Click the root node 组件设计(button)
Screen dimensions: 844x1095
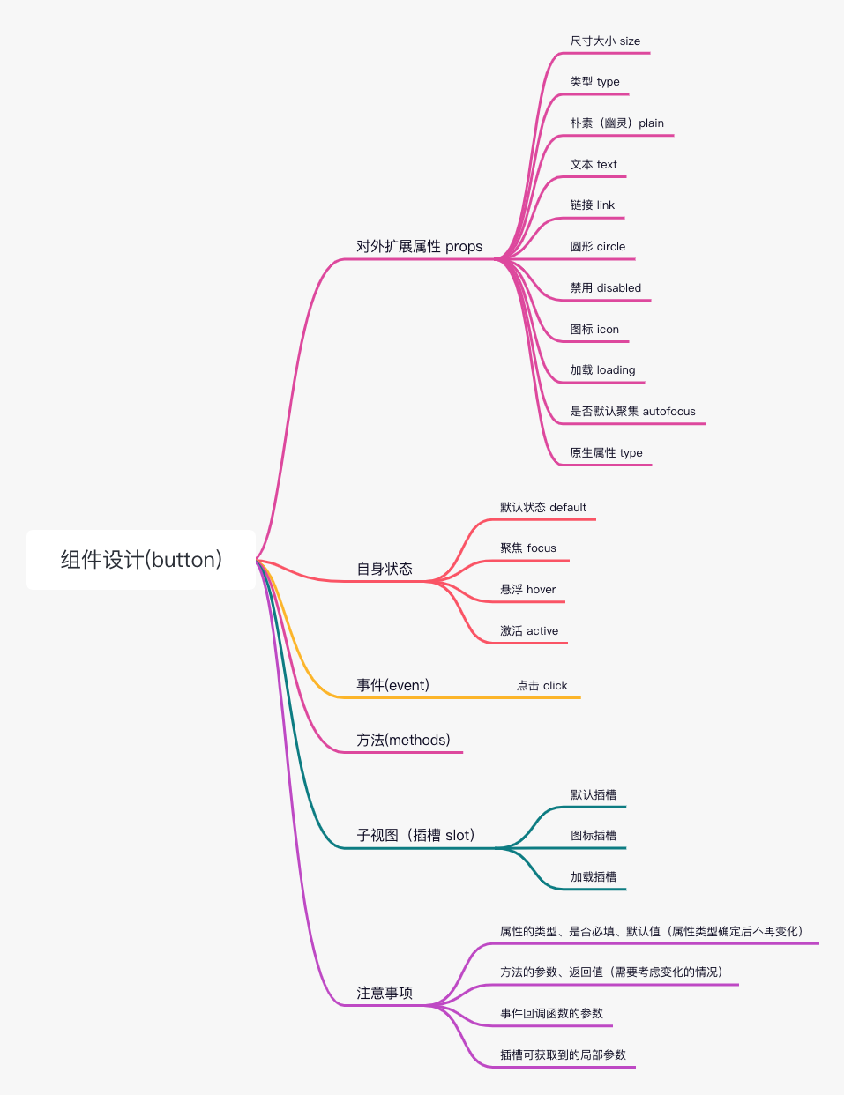(x=141, y=559)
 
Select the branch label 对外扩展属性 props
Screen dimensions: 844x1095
(x=419, y=246)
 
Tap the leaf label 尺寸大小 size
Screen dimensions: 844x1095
(x=605, y=41)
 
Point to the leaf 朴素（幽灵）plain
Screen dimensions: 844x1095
(x=616, y=123)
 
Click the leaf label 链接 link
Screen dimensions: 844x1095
(x=592, y=205)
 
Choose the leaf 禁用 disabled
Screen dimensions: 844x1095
(x=605, y=287)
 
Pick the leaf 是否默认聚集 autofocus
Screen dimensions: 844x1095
(x=632, y=411)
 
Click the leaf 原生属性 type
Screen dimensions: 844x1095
(x=606, y=452)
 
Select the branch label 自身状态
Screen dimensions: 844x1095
(x=385, y=569)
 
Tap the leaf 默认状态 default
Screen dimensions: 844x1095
(x=543, y=507)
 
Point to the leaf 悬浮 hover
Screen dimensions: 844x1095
(x=528, y=589)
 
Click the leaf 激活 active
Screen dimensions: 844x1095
(x=529, y=630)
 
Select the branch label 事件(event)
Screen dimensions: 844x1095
(x=393, y=685)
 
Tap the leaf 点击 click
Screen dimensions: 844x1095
(x=542, y=685)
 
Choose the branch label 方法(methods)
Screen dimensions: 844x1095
(x=404, y=740)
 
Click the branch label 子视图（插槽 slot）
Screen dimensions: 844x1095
(x=416, y=835)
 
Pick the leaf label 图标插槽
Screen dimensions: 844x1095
(x=594, y=835)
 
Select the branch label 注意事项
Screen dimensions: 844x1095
(x=385, y=993)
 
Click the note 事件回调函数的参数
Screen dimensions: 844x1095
(x=552, y=1013)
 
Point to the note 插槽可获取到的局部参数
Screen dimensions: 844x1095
(x=563, y=1054)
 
